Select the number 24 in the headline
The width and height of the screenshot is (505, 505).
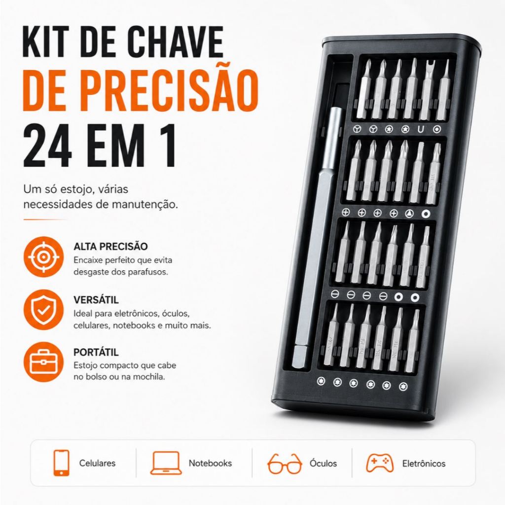tap(47, 146)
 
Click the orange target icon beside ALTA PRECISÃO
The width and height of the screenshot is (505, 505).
tap(44, 256)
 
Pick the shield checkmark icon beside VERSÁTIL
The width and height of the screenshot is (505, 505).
tap(44, 310)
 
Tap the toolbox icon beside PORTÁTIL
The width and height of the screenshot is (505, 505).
tap(44, 362)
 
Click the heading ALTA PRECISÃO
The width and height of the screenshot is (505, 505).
tap(110, 247)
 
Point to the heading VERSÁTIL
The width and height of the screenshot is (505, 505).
tap(96, 300)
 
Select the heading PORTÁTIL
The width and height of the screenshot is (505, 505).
tap(96, 352)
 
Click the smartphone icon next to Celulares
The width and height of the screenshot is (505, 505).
tap(61, 463)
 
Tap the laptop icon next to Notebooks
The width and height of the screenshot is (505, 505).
tap(166, 463)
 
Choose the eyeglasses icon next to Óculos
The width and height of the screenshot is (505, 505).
tap(285, 464)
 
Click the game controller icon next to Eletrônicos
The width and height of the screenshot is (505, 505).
tap(380, 463)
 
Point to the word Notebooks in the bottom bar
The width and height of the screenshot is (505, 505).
tap(210, 463)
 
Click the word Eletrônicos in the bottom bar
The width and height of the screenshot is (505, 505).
tap(424, 464)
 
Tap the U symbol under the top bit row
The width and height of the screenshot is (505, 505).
tap(421, 129)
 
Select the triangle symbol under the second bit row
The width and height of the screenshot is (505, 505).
tap(409, 213)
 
